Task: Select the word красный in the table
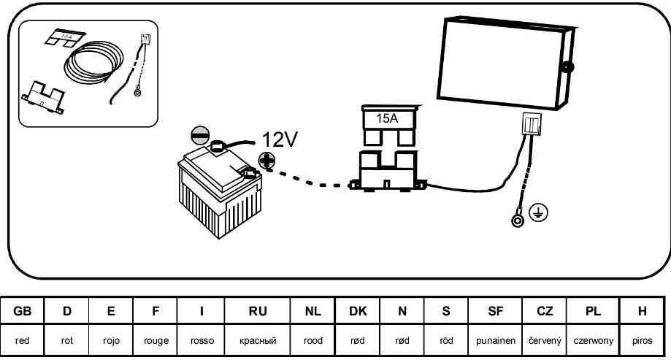pos(258,340)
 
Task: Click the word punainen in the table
pos(495,340)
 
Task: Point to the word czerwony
pos(593,340)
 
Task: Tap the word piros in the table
pos(643,340)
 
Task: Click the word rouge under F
pos(156,340)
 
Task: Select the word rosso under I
pos(201,340)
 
